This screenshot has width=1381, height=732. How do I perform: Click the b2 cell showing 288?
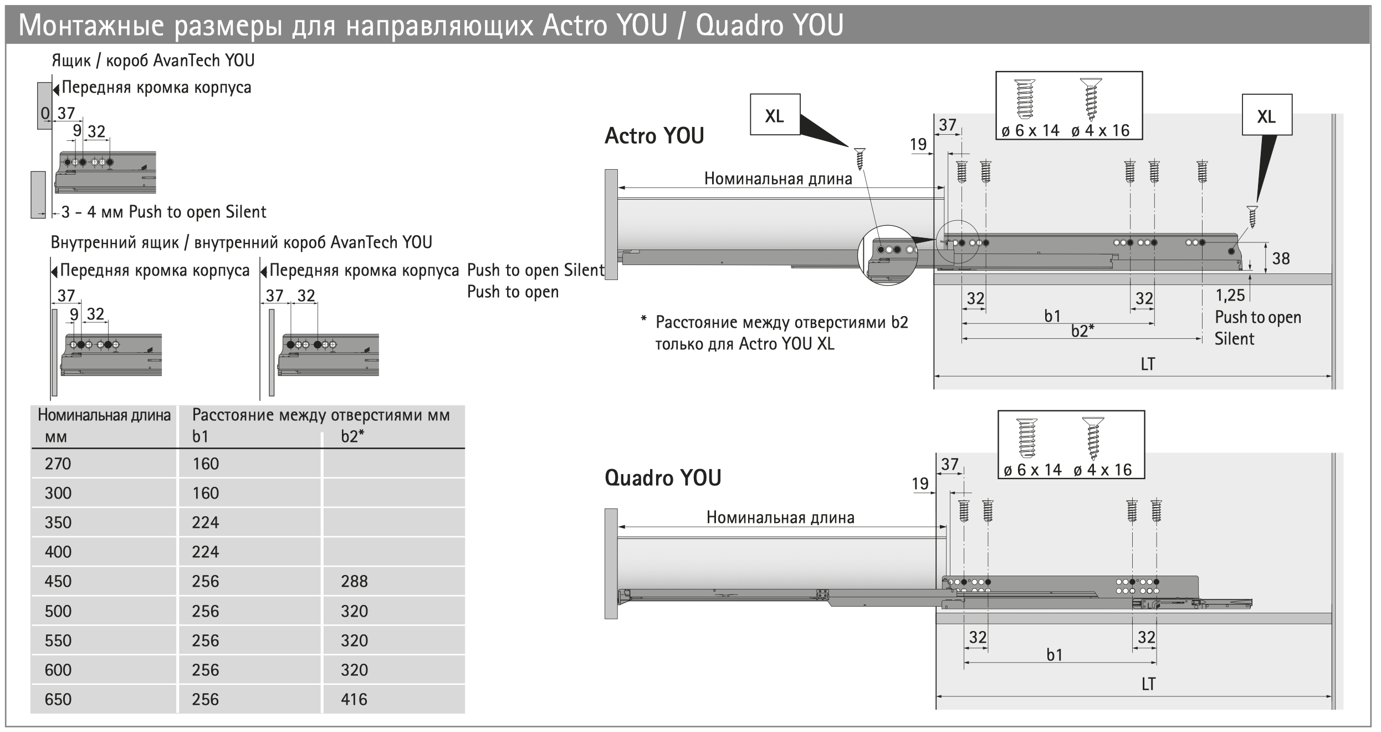tap(354, 581)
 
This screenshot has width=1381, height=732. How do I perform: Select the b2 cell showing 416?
tap(354, 699)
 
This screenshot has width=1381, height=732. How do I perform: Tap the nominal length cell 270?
tap(58, 464)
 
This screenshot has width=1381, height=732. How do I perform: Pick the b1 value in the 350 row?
tap(206, 522)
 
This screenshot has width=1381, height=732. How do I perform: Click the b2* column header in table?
tap(352, 436)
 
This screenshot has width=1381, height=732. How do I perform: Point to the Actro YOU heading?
tap(654, 136)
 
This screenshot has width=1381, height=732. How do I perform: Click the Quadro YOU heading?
tap(663, 478)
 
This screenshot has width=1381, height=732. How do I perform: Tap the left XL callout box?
tap(775, 115)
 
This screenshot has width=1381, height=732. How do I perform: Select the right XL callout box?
tap(1266, 116)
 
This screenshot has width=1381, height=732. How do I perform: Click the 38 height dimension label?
tap(1281, 258)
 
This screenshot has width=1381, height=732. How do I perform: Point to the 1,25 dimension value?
tap(1230, 296)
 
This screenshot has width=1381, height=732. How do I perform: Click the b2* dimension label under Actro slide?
tap(1082, 331)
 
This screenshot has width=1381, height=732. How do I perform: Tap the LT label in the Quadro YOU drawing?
tap(1148, 684)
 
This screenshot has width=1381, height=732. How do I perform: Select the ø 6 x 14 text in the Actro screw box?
tap(1030, 131)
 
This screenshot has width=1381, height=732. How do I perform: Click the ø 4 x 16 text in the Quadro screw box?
tap(1102, 470)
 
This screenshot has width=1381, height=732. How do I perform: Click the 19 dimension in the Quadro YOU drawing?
tap(920, 484)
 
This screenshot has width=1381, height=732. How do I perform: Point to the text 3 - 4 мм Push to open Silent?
tap(163, 212)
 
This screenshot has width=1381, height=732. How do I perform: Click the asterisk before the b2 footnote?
tap(643, 319)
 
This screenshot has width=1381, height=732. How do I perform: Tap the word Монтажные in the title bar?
tap(91, 26)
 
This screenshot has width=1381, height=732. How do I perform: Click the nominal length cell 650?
tap(58, 699)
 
